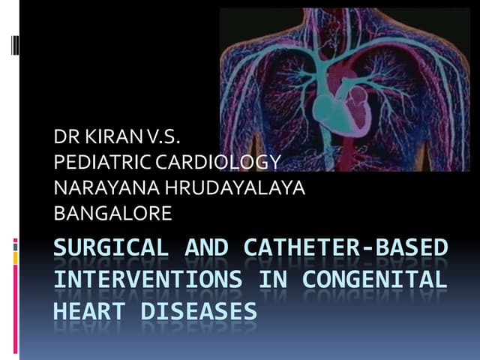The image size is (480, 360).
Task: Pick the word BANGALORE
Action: click(113, 214)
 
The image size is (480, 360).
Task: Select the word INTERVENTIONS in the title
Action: click(148, 280)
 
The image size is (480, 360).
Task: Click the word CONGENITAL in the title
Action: click(375, 280)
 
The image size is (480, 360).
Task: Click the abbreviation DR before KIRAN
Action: click(64, 137)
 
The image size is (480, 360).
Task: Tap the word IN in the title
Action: click(274, 280)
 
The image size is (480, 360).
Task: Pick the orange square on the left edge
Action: click(15, 257)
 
